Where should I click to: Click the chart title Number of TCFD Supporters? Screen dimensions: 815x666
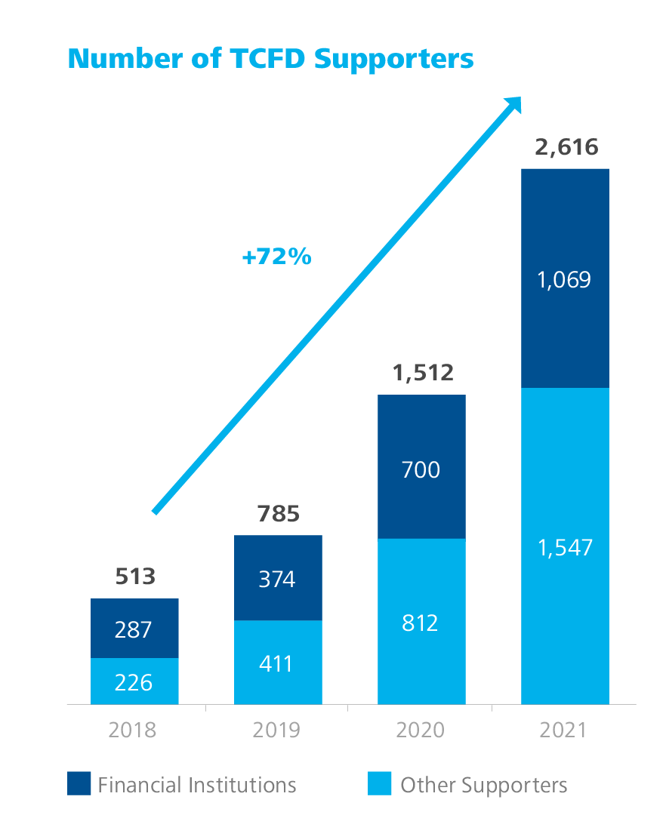point(270,58)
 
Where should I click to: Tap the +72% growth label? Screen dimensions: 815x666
point(276,257)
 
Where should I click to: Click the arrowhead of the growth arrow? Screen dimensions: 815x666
point(513,106)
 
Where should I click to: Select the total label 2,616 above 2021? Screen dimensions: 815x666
point(566,146)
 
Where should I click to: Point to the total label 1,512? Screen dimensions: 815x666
point(421,373)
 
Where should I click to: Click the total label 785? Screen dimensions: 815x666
point(278,515)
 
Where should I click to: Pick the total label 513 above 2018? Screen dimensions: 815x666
point(135,577)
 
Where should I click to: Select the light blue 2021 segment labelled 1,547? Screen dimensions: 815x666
point(565,546)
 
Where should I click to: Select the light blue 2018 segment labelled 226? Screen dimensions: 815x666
point(134,681)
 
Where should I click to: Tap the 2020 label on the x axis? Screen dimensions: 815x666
point(421,730)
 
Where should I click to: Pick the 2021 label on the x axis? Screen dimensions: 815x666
point(564,730)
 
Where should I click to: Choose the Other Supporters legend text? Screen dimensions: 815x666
point(483,785)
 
